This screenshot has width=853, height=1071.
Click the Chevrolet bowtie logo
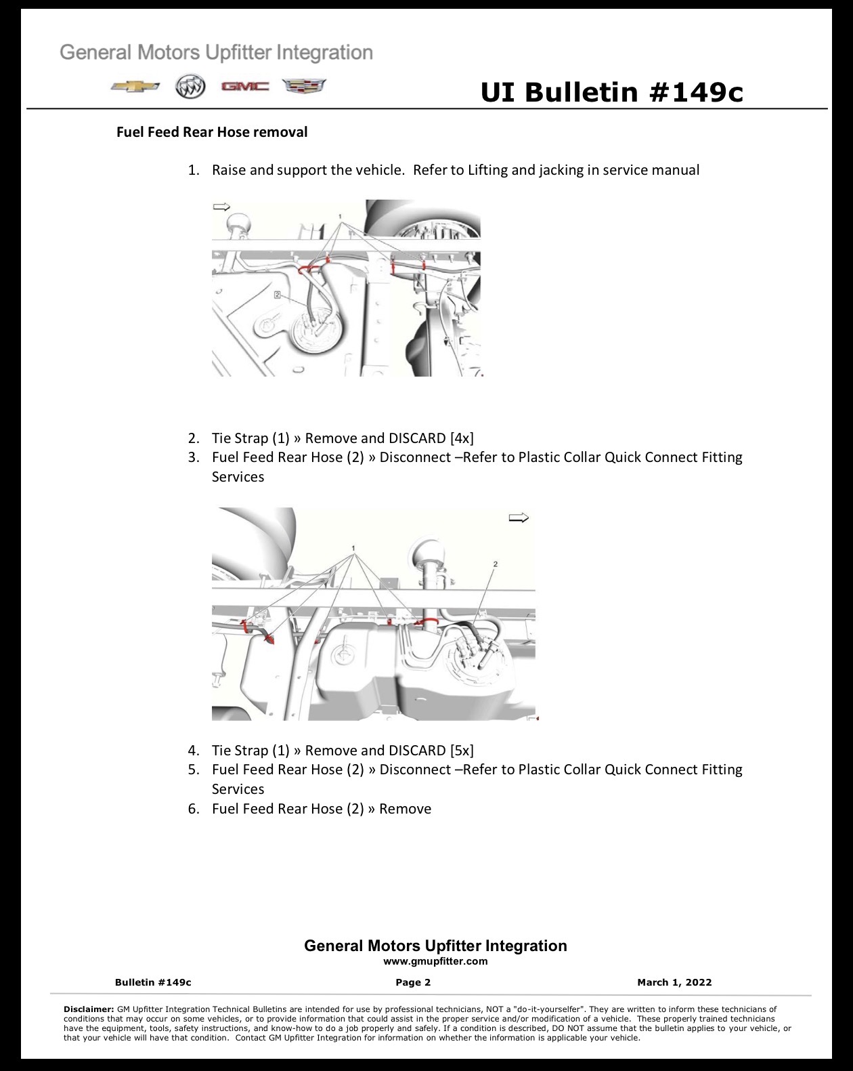[135, 87]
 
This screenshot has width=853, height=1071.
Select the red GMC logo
[245, 87]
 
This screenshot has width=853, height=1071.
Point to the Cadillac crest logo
[304, 86]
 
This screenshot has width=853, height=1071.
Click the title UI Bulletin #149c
[612, 93]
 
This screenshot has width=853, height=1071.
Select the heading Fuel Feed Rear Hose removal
[212, 132]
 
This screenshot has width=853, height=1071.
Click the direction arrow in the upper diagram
[221, 207]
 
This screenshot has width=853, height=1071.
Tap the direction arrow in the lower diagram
[519, 518]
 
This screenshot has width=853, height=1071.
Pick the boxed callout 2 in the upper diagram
[278, 295]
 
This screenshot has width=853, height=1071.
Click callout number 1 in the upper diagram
[340, 217]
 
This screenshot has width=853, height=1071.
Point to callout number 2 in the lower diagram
[496, 564]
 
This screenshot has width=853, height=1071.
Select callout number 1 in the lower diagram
[353, 549]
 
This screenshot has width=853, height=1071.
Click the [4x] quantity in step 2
[462, 438]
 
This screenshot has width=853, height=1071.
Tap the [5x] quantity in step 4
[462, 751]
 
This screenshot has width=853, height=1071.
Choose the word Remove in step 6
[405, 809]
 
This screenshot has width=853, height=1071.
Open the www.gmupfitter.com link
[435, 961]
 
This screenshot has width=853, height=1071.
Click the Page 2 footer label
[413, 982]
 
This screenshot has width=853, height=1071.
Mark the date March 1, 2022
[674, 982]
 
